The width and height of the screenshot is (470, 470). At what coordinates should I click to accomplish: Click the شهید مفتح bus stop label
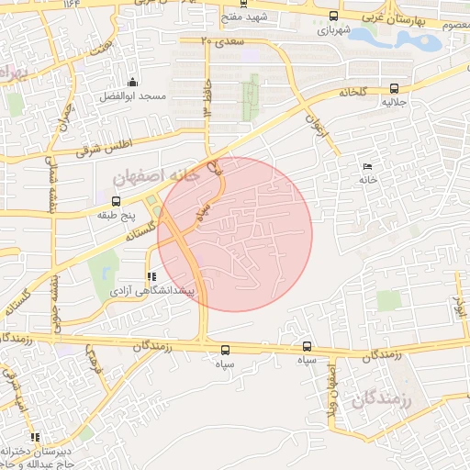(x=249, y=17)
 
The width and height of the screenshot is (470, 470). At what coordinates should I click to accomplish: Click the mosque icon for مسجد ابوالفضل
(x=133, y=82)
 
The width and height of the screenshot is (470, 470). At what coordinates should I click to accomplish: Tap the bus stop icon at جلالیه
(x=394, y=89)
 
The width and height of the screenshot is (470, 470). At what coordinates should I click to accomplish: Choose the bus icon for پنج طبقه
(x=117, y=201)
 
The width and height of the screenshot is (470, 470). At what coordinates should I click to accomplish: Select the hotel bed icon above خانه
(x=368, y=166)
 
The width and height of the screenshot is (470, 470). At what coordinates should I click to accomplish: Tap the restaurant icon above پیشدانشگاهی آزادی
(x=151, y=276)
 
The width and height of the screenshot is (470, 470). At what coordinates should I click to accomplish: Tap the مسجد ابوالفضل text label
(x=133, y=96)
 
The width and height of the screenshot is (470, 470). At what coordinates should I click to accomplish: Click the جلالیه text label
(x=395, y=103)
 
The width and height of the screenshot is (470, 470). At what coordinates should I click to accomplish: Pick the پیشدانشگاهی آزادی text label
(x=148, y=290)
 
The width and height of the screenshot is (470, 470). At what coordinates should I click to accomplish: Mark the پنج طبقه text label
(x=117, y=215)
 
